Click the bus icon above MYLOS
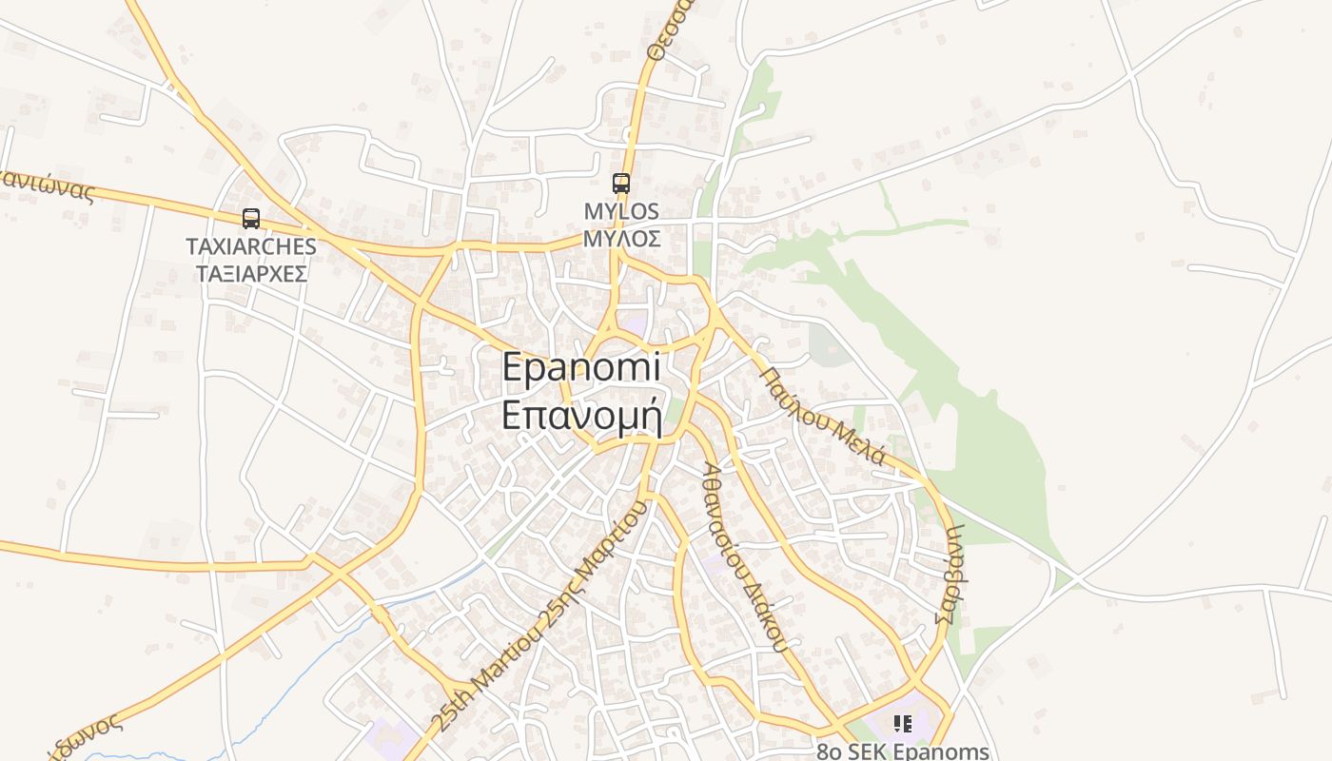(621, 184)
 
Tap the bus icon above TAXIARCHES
(251, 219)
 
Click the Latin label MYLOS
(621, 211)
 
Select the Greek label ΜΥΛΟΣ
(621, 238)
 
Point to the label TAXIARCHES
(251, 246)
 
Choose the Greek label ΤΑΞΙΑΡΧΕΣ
(251, 274)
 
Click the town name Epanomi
(580, 368)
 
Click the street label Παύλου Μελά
(824, 416)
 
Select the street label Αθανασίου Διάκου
(745, 556)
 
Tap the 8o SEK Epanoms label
(903, 751)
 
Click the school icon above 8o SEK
(903, 724)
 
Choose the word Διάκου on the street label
(768, 618)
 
